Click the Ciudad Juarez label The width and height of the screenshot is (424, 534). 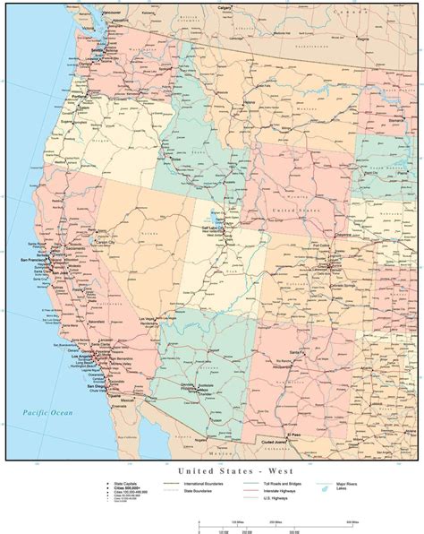[287, 440]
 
